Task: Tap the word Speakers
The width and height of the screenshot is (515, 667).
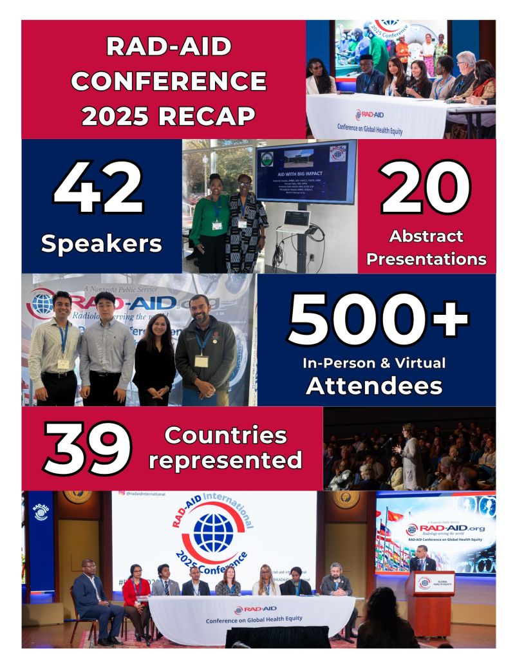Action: [101, 243]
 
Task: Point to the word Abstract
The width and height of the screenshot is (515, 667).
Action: [426, 236]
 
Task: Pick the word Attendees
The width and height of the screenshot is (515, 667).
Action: [374, 385]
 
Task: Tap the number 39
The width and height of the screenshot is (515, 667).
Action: [88, 449]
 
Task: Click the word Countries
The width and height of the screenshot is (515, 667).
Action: [225, 435]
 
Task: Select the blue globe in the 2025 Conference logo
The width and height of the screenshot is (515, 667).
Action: [213, 532]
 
